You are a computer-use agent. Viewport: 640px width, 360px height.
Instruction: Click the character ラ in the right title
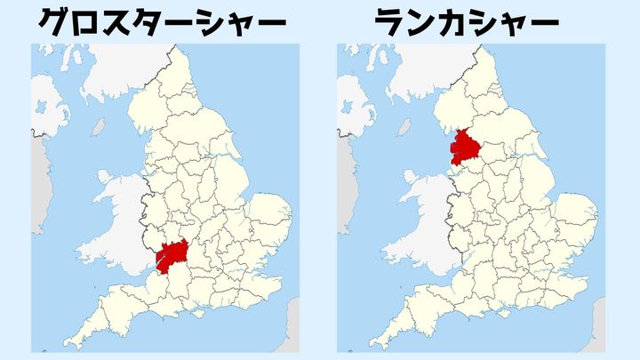pos(392,23)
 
